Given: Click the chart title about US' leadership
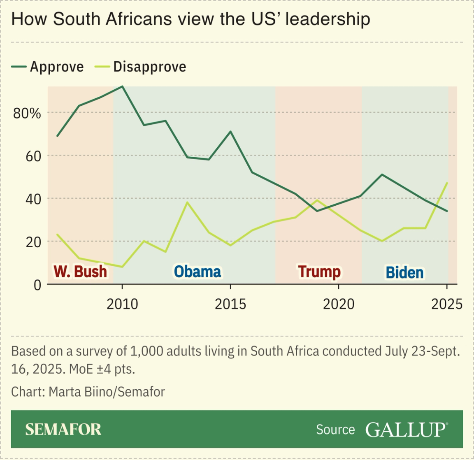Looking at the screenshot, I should tap(191, 19).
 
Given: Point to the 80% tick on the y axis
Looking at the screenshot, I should tap(27, 113).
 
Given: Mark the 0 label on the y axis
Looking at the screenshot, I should tap(37, 285).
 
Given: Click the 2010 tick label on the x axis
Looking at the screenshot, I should tap(122, 304).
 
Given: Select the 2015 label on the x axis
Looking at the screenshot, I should tap(230, 304).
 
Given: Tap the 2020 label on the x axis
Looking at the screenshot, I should tap(339, 304).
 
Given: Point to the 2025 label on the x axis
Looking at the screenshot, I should tap(447, 304).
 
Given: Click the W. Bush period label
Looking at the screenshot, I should tap(80, 272).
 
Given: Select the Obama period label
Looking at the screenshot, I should tap(197, 272).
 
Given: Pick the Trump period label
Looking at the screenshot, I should tap(319, 272).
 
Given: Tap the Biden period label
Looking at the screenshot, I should tap(404, 272).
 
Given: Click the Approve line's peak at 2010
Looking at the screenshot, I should tap(122, 86).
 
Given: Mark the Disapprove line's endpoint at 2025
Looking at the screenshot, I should tap(447, 183).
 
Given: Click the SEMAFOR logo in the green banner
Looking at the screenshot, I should tap(63, 430).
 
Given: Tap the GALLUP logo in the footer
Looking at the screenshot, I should tap(406, 430).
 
